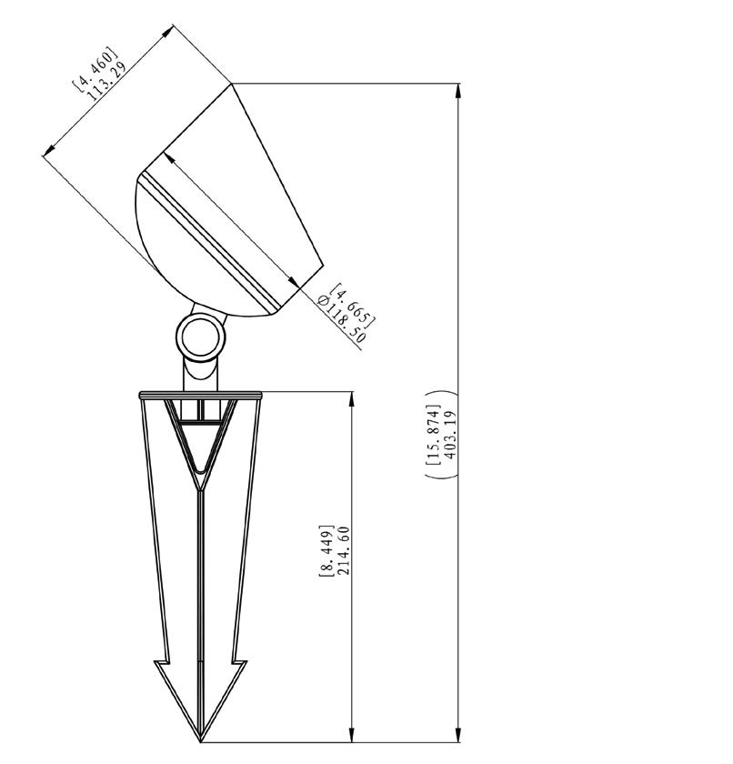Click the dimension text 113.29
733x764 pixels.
[107, 81]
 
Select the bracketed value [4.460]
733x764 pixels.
[95, 69]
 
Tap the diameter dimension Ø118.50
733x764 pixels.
[340, 320]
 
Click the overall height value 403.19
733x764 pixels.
[450, 435]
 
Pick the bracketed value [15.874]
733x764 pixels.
[433, 435]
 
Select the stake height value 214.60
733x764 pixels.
[344, 550]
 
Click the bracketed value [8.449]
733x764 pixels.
[326, 551]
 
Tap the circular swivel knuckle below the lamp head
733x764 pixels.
[201, 337]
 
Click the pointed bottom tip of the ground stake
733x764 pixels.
[201, 742]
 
